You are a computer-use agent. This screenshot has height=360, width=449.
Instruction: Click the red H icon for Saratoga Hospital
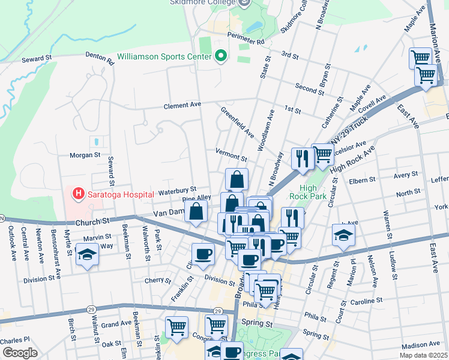77,193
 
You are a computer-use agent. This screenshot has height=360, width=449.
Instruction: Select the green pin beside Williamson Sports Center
220,57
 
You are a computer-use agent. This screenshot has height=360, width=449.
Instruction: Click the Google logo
20,353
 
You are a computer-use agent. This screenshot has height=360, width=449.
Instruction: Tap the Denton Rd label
100,58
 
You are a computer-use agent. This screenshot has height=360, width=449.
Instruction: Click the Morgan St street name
85,155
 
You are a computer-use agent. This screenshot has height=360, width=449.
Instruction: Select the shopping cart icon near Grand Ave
177,327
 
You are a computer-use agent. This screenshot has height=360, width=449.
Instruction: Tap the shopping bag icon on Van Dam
196,211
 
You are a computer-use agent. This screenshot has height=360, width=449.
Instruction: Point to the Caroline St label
367,300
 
